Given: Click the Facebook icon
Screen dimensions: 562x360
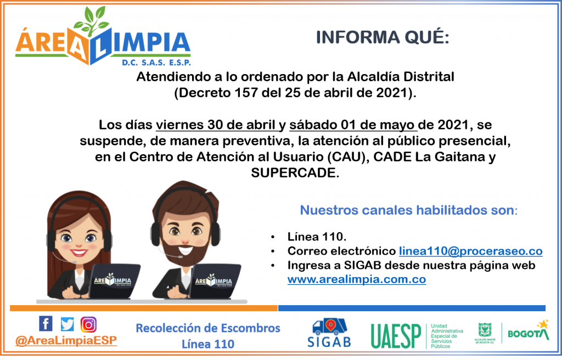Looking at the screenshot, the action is tap(46, 323).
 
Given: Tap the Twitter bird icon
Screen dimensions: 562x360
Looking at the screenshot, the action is tap(67, 324).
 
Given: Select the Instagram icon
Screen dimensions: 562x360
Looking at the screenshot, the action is tap(88, 324).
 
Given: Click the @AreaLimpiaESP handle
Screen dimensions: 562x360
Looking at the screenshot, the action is tap(66, 340).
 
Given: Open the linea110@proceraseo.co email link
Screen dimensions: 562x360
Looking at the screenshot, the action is tap(470, 251).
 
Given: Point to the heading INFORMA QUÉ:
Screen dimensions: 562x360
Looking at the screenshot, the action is tap(383, 37).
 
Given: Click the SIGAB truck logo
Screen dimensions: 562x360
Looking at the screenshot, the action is tap(329, 333).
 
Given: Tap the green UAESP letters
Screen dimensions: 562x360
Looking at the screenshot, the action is tap(396, 336).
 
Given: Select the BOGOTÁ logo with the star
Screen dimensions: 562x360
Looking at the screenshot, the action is tap(529, 330).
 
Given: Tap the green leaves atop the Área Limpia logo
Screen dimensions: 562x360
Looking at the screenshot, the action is tap(92, 21).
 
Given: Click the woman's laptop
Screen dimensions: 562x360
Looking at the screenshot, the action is tap(114, 281).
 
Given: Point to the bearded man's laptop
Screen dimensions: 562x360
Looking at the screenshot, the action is tap(215, 281).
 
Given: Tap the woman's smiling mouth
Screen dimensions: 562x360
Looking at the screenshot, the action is tap(79, 253).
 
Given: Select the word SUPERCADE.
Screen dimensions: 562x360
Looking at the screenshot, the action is tap(295, 173).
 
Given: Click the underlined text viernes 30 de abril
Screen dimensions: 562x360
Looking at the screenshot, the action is tap(215, 125).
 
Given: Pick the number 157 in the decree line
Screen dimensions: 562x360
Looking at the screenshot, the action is tap(246, 93).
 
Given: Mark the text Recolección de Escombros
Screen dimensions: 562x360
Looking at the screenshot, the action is tap(208, 328).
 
